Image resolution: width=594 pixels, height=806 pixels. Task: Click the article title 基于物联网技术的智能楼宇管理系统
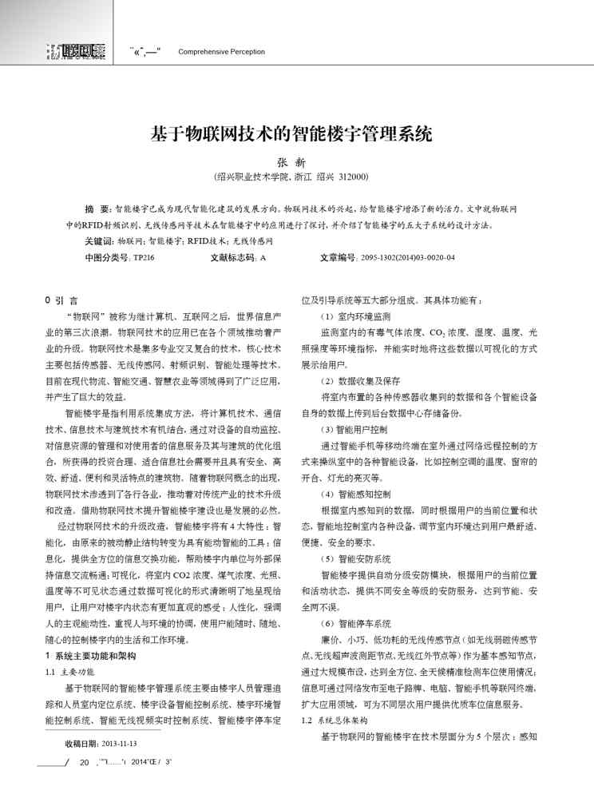(291, 133)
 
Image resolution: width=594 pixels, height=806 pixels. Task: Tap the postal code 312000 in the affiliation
(351, 177)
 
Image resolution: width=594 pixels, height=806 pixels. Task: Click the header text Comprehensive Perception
(221, 52)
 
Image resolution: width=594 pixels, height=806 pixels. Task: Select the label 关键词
(99, 240)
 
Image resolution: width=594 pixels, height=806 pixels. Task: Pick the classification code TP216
(144, 258)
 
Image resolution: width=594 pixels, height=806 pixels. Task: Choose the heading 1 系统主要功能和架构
(91, 654)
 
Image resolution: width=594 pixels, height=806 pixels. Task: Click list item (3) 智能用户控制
(348, 429)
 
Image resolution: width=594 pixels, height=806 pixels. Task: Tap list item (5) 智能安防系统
(348, 558)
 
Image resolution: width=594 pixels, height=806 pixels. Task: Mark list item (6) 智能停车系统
(348, 623)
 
